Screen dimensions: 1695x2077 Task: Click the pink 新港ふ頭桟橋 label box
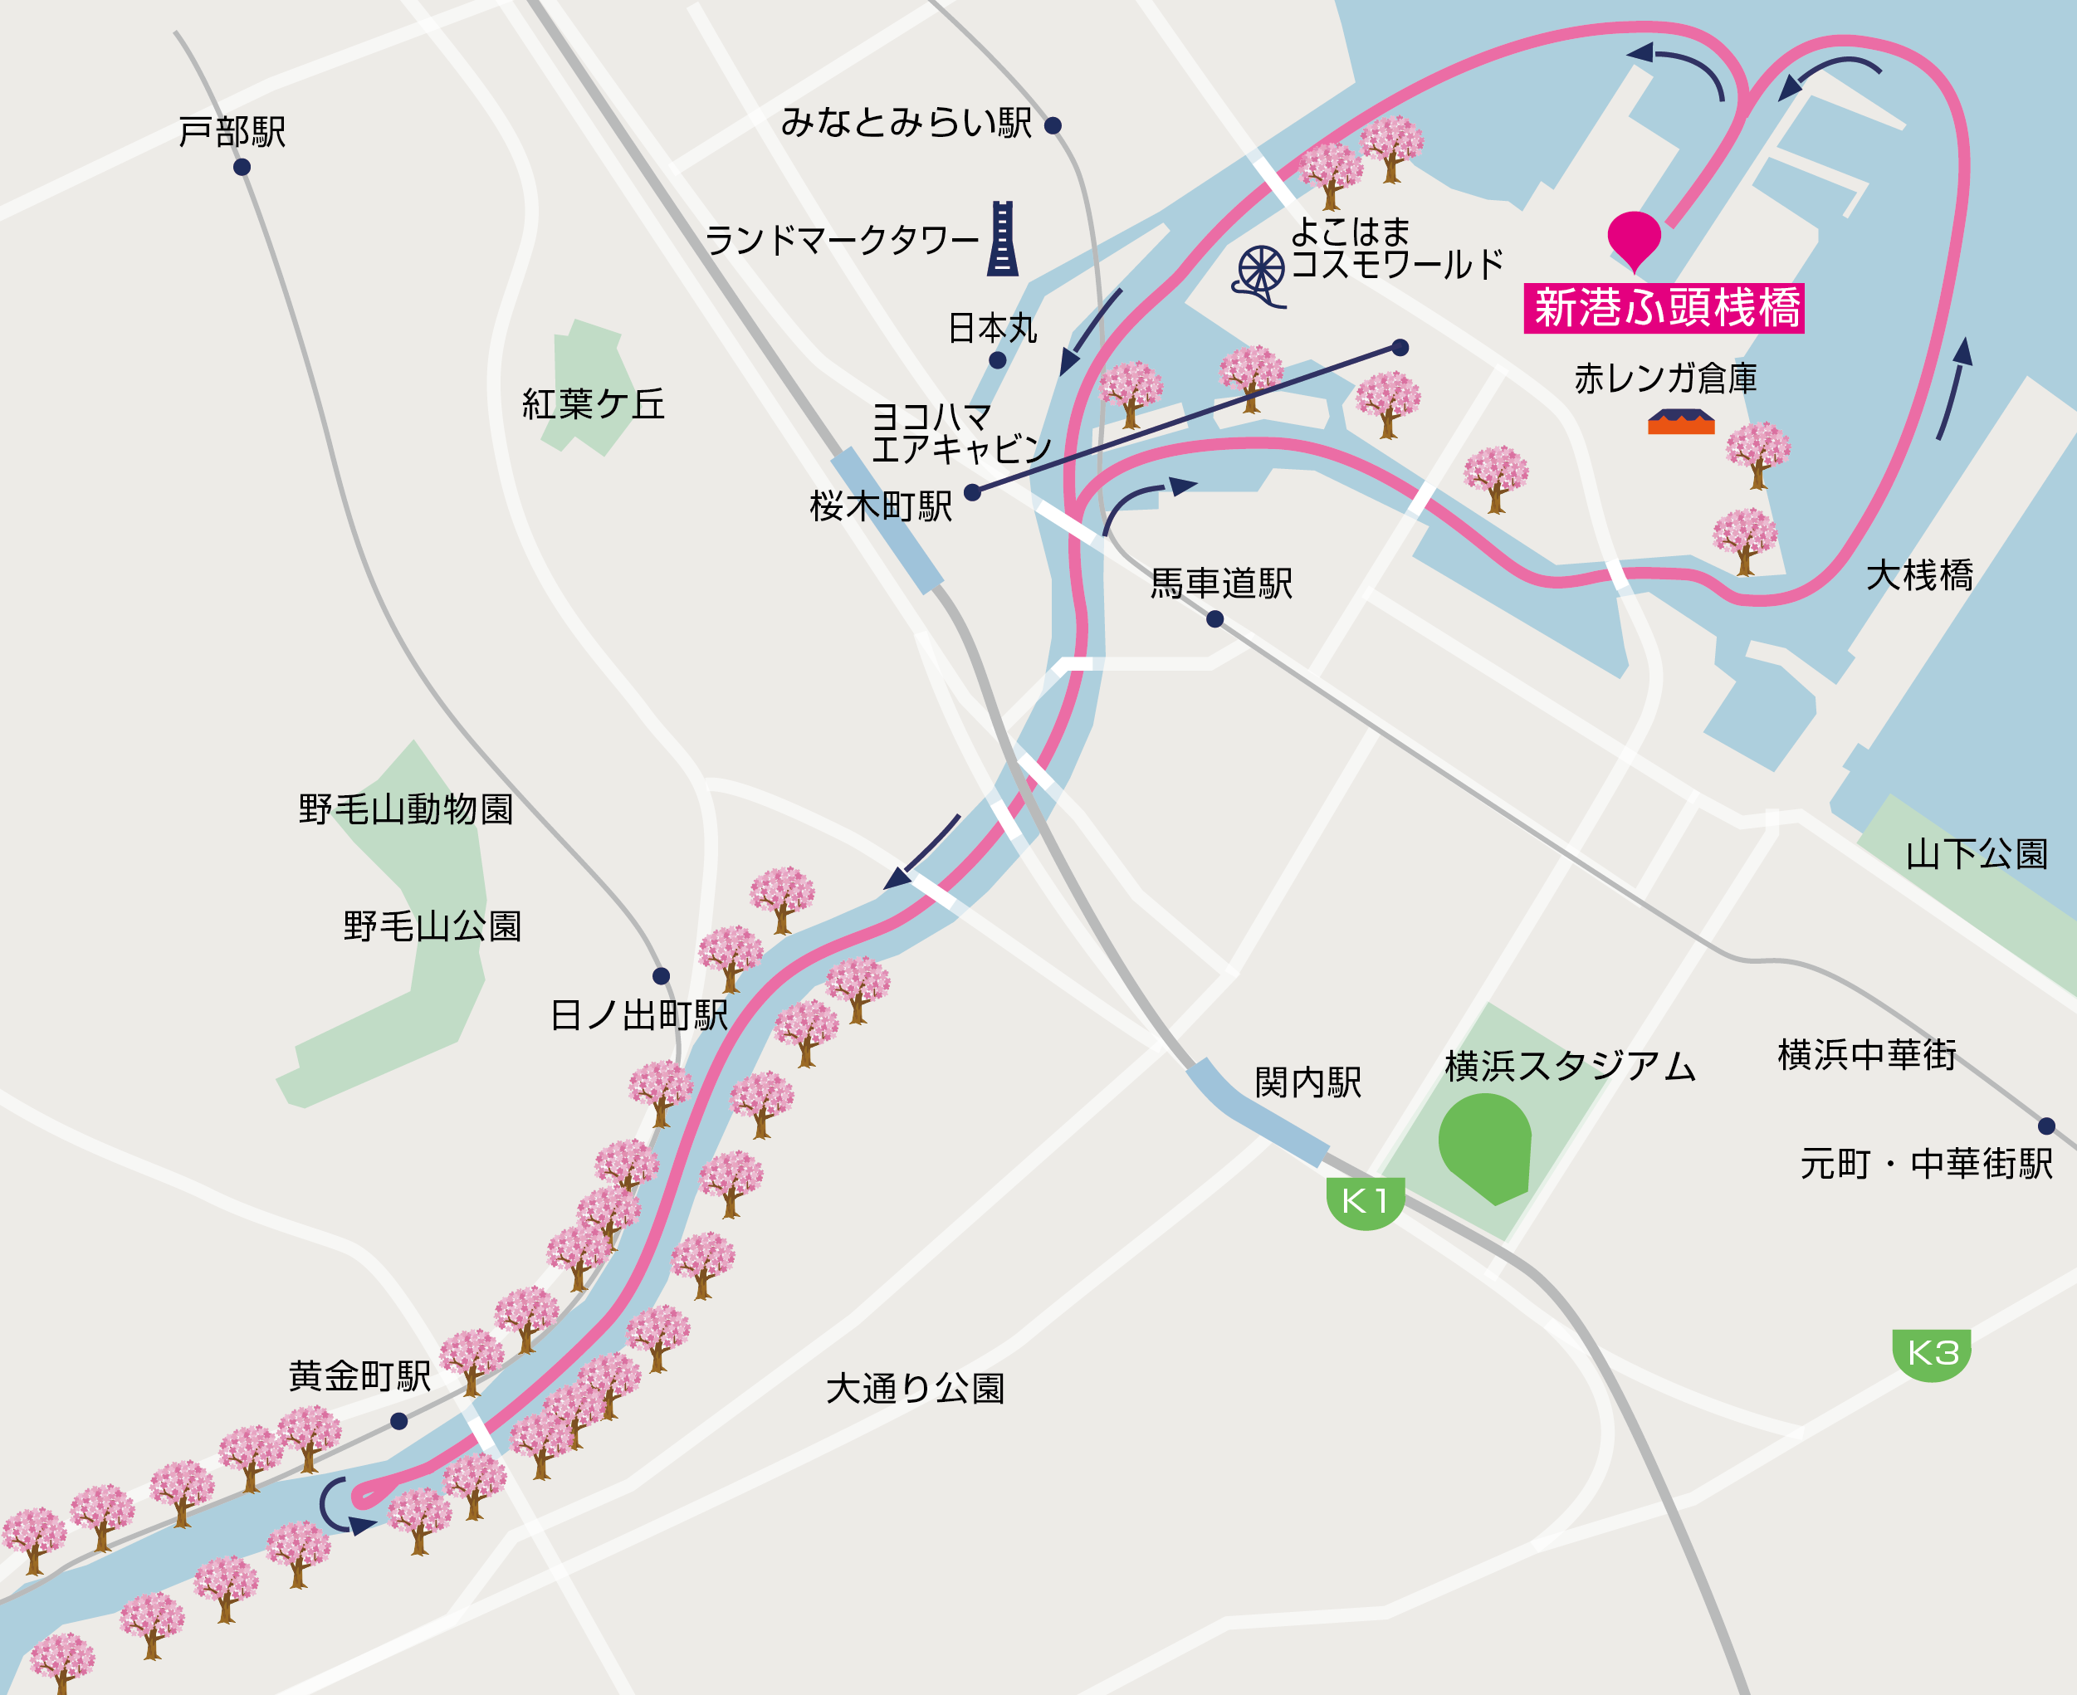click(1664, 309)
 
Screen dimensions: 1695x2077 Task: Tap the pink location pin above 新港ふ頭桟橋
click(1634, 237)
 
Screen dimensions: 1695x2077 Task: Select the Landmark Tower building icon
click(1002, 238)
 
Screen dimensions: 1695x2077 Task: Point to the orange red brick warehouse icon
click(1680, 422)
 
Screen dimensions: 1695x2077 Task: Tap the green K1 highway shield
click(1365, 1202)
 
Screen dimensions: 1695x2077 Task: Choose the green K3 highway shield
click(1932, 1353)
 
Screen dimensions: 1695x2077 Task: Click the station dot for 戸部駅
click(242, 167)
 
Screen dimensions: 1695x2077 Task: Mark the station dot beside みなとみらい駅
click(1053, 125)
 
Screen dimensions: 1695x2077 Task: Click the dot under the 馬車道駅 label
click(1214, 619)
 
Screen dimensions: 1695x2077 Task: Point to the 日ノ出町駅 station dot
click(661, 975)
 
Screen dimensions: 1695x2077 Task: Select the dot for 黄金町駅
click(398, 1420)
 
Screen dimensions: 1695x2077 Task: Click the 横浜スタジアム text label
click(1569, 1065)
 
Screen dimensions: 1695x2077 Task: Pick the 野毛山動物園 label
click(406, 809)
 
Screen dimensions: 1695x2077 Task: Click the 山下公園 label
click(1977, 854)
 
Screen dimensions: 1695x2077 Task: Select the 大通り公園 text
click(915, 1389)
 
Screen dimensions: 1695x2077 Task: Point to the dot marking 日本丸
click(997, 360)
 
